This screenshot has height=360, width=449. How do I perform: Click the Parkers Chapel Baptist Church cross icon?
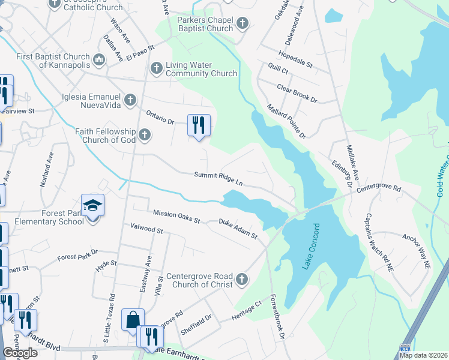pyautogui.click(x=242, y=24)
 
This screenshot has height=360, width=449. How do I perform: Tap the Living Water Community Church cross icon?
pyautogui.click(x=155, y=68)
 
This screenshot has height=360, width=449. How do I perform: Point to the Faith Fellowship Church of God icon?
pyautogui.click(x=144, y=135)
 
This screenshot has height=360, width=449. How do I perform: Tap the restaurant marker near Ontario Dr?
pyautogui.click(x=199, y=125)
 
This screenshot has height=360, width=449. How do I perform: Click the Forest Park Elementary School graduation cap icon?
pyautogui.click(x=93, y=206)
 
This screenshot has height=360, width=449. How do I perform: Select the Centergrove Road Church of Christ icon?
pyautogui.click(x=241, y=279)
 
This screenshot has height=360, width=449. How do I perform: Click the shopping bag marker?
pyautogui.click(x=133, y=320)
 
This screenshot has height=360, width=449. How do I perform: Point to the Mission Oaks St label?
pyautogui.click(x=176, y=216)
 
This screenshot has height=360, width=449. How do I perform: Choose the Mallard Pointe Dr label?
pyautogui.click(x=286, y=121)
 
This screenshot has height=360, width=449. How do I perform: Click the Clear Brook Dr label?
pyautogui.click(x=297, y=93)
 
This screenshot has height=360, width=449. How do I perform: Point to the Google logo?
pyautogui.click(x=20, y=353)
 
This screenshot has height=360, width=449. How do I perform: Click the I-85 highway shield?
pyautogui.click(x=406, y=349)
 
